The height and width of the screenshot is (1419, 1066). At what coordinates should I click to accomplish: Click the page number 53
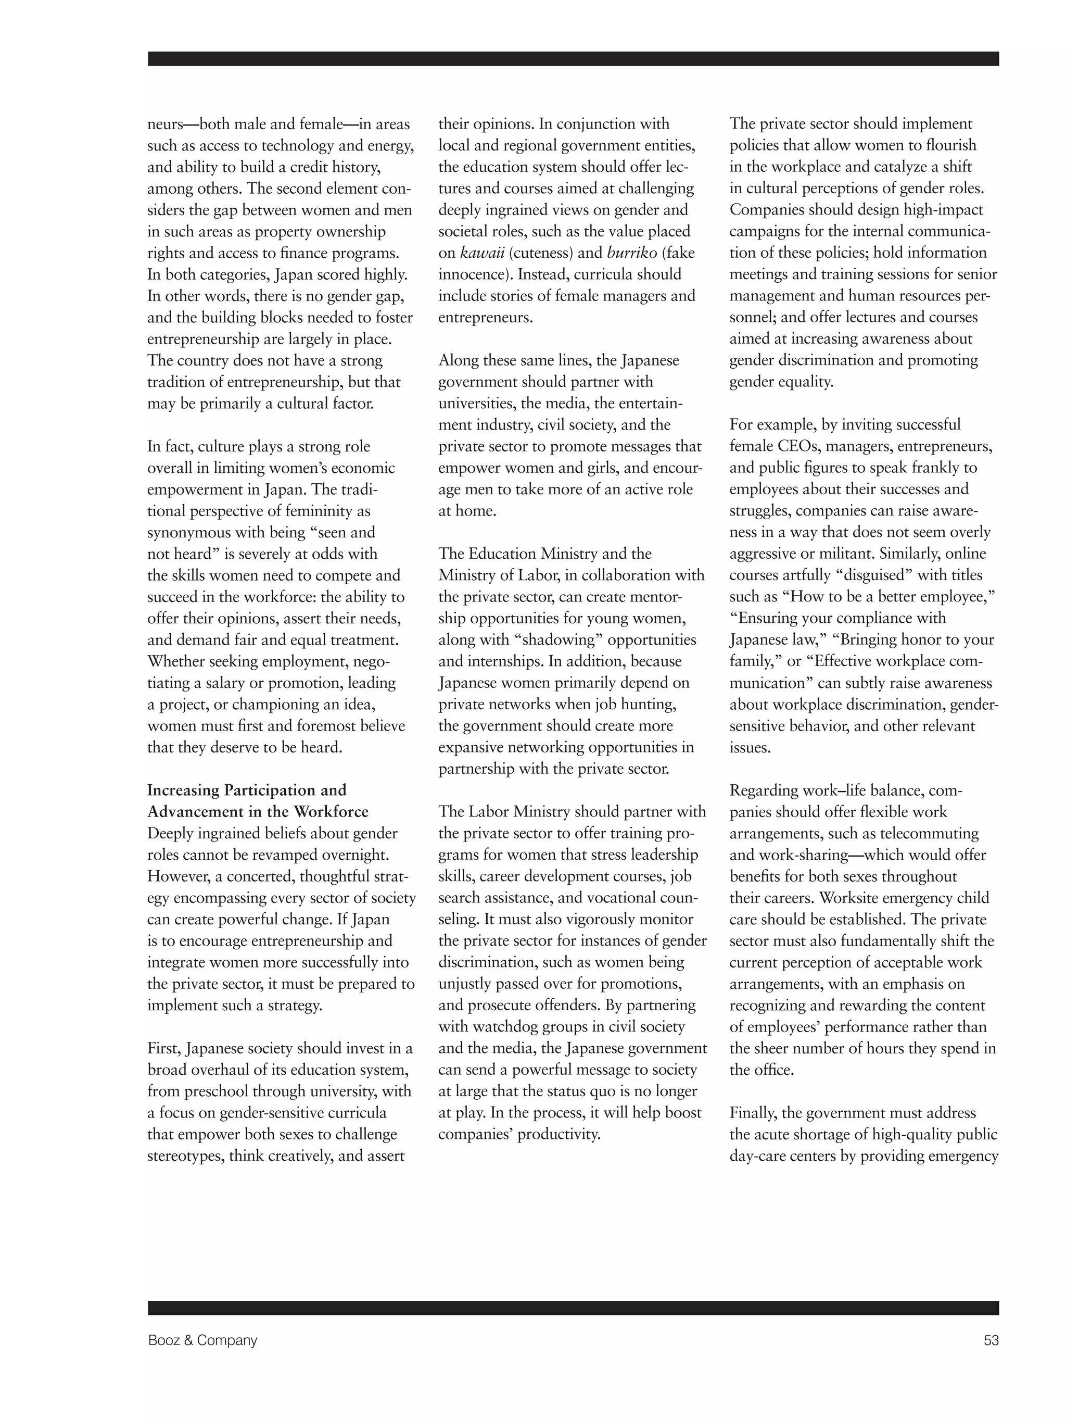pyautogui.click(x=991, y=1340)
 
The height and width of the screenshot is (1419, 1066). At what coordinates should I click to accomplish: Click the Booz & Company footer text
pyautogui.click(x=202, y=1340)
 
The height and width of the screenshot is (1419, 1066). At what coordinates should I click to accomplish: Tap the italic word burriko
pyautogui.click(x=632, y=253)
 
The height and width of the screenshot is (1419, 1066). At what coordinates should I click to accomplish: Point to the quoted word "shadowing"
pyautogui.click(x=558, y=639)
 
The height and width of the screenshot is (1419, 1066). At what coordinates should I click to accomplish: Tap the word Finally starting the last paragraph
pyautogui.click(x=753, y=1112)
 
